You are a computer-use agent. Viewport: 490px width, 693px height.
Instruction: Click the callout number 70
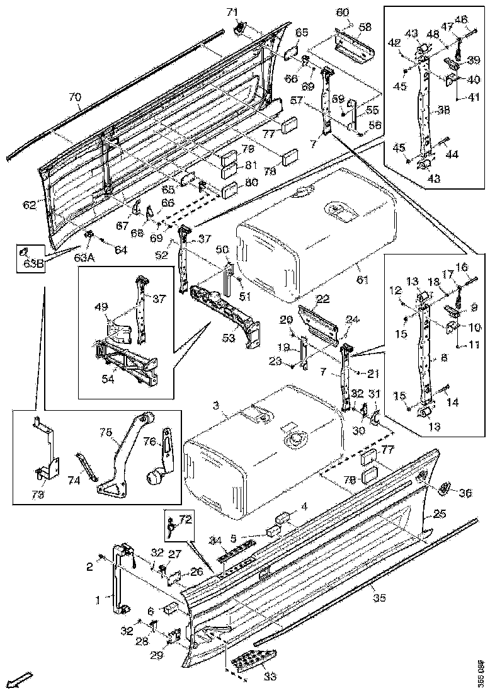(75, 97)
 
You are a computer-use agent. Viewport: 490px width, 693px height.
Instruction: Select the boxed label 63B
(30, 263)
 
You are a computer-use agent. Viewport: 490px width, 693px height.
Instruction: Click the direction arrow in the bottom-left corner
(20, 679)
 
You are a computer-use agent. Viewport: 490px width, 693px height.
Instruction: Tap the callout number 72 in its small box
(185, 519)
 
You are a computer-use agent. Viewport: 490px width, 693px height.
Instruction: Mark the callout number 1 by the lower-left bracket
(97, 600)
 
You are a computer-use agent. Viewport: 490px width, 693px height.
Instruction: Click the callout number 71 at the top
(232, 12)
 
